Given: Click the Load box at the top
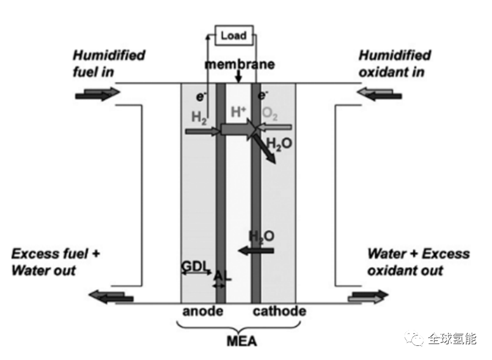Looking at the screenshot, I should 233,35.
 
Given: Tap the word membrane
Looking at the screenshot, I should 239,64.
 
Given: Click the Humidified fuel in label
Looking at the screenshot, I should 109,64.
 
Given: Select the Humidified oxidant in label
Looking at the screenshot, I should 395,64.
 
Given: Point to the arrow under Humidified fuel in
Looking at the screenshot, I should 98,94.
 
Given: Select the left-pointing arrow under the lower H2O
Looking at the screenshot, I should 256,250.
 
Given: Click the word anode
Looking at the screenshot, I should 202,312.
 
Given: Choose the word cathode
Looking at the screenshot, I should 279,312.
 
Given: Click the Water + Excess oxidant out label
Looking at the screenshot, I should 418,262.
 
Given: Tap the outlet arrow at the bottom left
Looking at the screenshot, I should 111,297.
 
